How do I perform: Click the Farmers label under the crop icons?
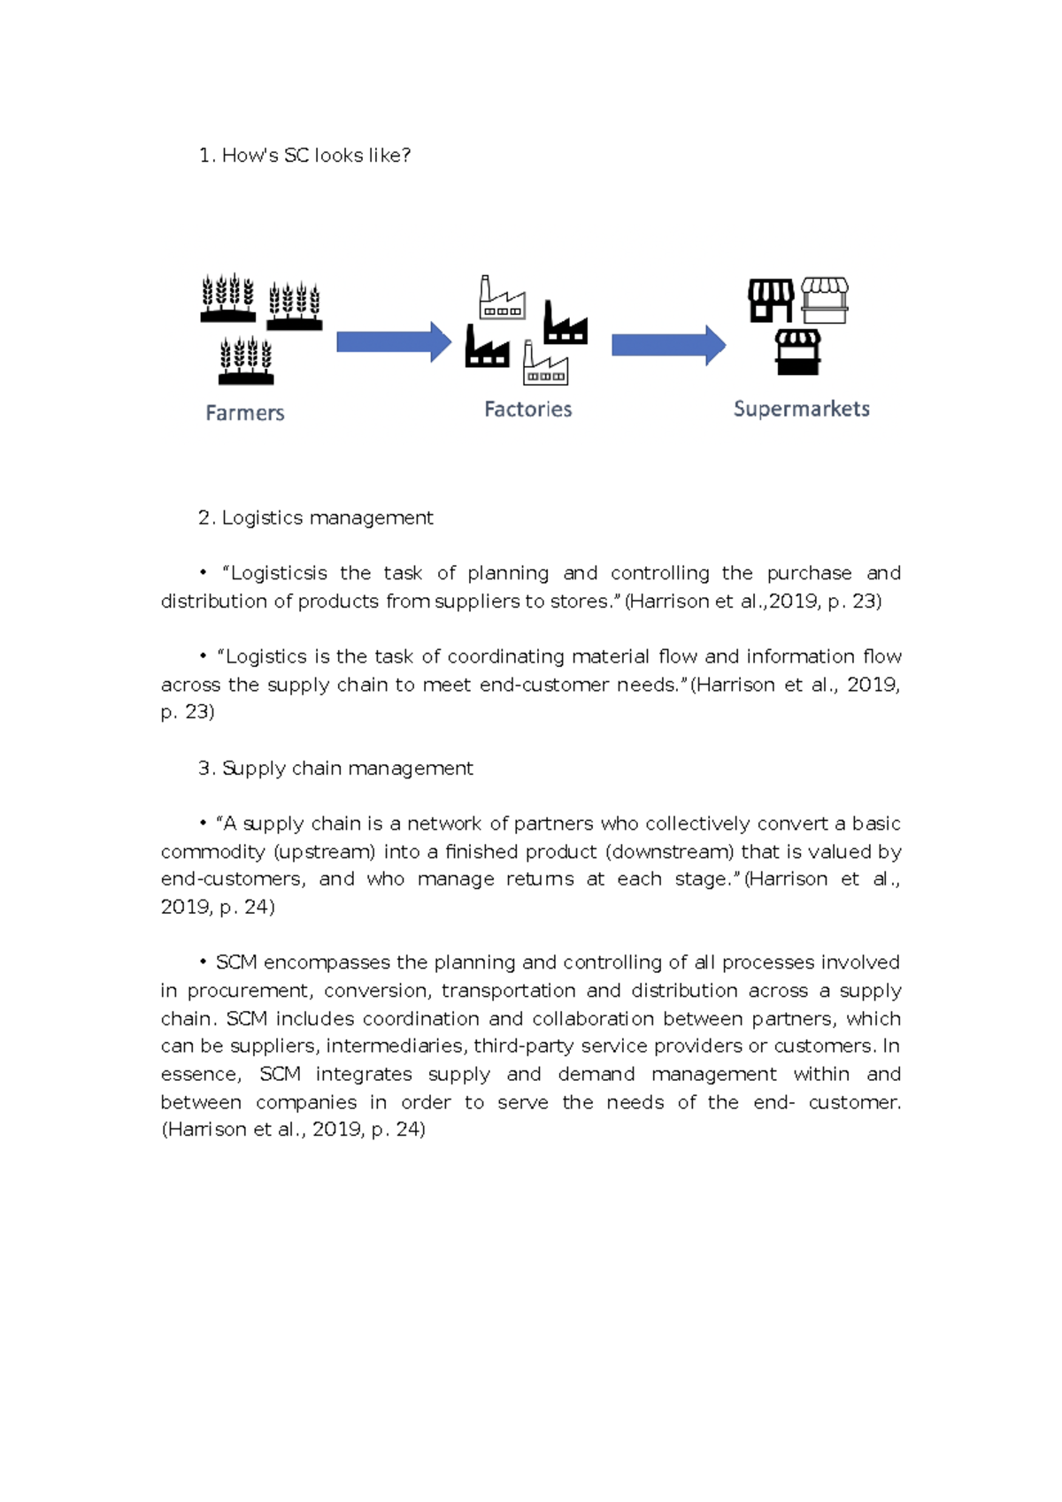(x=245, y=413)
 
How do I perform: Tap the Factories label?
(x=527, y=410)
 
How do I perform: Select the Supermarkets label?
(x=801, y=409)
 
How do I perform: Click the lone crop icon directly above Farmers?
(x=246, y=361)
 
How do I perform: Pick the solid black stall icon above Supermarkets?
(x=797, y=352)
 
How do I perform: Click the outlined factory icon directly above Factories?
(x=545, y=364)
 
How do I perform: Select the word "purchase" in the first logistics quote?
(x=809, y=573)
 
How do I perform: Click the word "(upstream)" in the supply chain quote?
(x=324, y=852)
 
